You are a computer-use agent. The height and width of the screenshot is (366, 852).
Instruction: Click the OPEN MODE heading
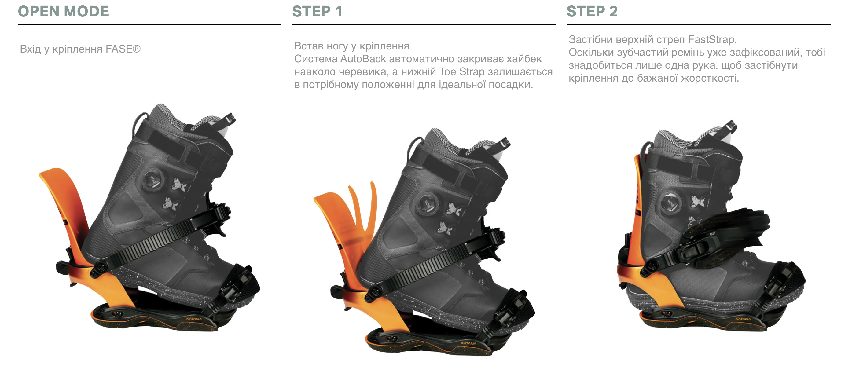(x=64, y=11)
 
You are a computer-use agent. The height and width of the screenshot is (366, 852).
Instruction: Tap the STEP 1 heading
(x=317, y=11)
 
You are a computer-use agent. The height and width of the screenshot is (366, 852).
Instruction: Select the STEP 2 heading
(x=592, y=11)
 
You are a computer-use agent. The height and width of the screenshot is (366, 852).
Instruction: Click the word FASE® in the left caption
(x=123, y=49)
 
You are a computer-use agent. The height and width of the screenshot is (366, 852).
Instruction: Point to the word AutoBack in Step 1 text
(x=363, y=59)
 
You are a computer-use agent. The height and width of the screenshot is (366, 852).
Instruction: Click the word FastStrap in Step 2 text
(x=711, y=39)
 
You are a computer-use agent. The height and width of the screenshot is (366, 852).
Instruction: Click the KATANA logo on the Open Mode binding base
(x=194, y=319)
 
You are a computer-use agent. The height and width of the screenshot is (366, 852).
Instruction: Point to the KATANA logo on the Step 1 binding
(x=469, y=343)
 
